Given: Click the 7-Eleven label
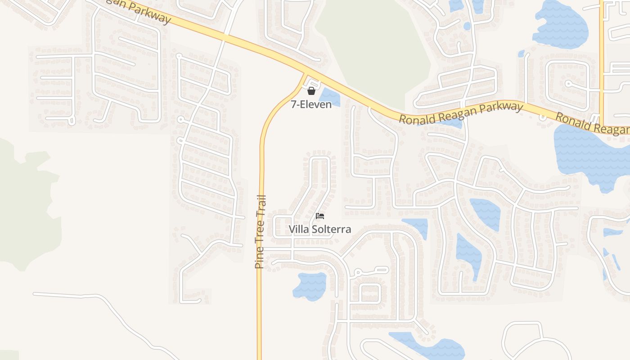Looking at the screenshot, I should point(311,104).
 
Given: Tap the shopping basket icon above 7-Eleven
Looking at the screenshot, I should point(311,91).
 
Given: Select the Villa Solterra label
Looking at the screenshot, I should point(319,229).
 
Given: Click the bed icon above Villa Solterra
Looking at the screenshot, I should point(320,216).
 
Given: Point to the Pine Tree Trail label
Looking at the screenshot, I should point(260,232).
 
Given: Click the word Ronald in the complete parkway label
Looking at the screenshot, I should point(416,118).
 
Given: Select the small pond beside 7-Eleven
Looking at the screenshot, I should point(328,96).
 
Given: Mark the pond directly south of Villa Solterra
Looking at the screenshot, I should point(310,286).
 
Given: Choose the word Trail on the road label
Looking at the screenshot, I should point(261,206).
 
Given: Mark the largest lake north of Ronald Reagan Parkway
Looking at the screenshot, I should point(560,25).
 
